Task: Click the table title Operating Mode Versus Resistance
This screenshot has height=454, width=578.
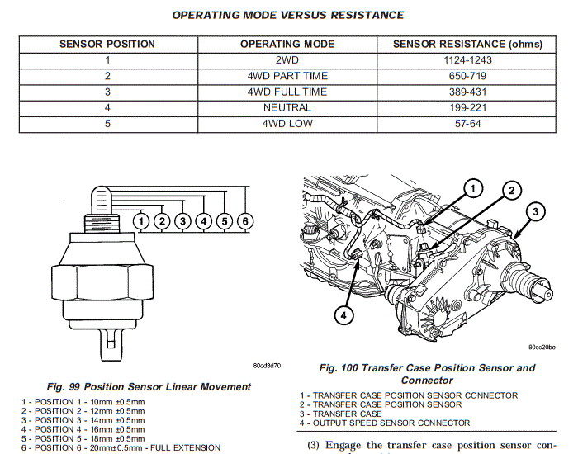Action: click(x=287, y=15)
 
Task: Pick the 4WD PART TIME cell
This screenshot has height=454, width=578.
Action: click(x=287, y=76)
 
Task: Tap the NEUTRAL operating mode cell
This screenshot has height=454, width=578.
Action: click(x=287, y=108)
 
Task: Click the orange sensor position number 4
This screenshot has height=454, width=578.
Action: click(x=107, y=108)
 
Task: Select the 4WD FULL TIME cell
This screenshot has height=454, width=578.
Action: click(x=287, y=92)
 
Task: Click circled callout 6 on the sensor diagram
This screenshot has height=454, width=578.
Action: click(x=244, y=221)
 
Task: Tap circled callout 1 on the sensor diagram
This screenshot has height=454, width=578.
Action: click(x=142, y=221)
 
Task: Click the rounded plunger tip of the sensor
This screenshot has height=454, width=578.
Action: click(x=103, y=196)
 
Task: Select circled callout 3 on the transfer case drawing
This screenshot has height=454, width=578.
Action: click(x=535, y=212)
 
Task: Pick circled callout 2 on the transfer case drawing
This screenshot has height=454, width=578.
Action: click(x=511, y=191)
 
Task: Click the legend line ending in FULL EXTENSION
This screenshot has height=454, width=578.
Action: click(x=121, y=447)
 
